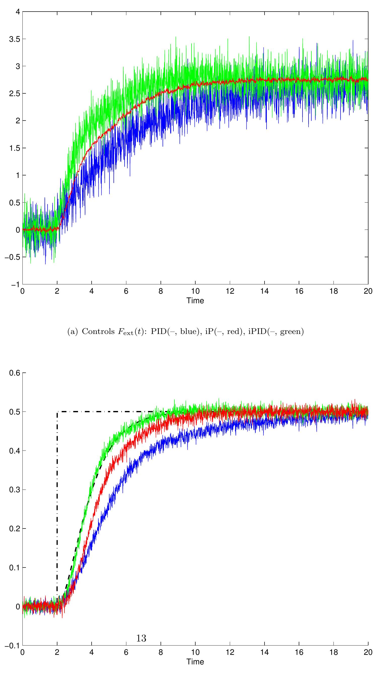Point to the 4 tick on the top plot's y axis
pyautogui.click(x=18, y=12)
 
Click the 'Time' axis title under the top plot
pyautogui.click(x=195, y=300)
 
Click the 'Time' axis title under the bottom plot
pyautogui.click(x=195, y=661)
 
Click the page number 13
pyautogui.click(x=141, y=638)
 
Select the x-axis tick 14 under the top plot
pyautogui.click(x=264, y=291)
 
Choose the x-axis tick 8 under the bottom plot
pyautogui.click(x=161, y=652)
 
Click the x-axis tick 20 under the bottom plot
pyautogui.click(x=368, y=652)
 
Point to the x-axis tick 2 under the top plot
pyautogui.click(x=57, y=291)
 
